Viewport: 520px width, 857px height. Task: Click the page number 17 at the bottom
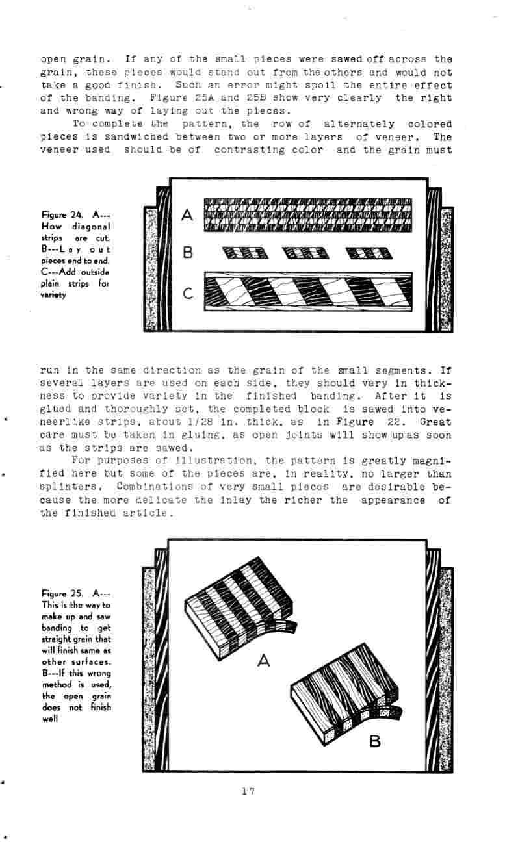coord(248,791)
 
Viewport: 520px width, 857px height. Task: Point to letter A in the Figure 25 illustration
coord(263,661)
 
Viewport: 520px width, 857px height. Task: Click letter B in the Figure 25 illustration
coord(375,741)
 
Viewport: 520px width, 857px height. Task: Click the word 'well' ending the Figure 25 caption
coord(49,719)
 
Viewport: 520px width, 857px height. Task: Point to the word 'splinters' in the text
coord(72,487)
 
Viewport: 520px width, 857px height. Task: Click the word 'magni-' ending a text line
coord(430,461)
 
